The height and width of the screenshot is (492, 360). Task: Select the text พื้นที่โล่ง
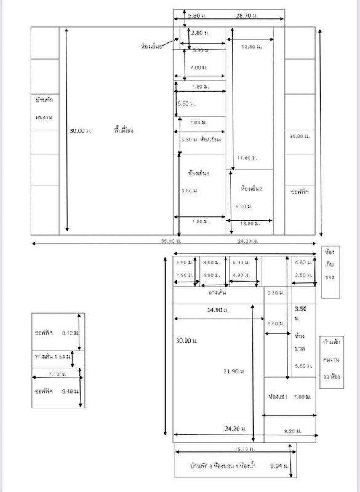coord(124,131)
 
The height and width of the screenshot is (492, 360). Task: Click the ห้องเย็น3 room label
coord(199,174)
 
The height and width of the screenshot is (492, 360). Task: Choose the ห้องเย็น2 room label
coord(252,188)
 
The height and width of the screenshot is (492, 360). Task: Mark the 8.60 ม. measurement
coord(190,191)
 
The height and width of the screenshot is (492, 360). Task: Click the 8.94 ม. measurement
coord(279,467)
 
